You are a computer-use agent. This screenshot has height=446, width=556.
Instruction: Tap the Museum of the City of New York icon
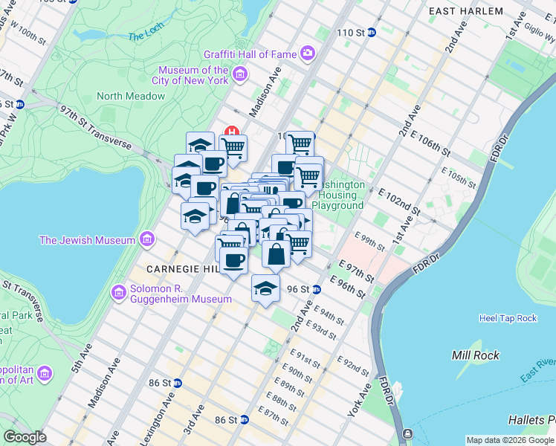tap(239, 74)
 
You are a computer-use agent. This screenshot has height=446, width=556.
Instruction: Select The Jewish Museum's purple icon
tap(146, 240)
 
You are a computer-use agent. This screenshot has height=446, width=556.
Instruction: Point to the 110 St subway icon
tap(372, 33)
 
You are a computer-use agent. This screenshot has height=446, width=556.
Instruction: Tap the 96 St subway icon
tap(316, 289)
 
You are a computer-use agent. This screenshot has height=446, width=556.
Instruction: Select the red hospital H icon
tap(232, 132)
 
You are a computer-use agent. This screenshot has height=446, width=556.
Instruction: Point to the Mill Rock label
tap(474, 355)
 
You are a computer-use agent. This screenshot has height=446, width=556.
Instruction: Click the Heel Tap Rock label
tap(508, 318)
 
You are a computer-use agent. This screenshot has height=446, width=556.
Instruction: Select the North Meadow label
tap(131, 96)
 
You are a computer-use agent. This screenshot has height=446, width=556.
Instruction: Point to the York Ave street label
tap(359, 401)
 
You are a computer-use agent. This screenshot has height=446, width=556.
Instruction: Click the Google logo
tap(25, 437)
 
